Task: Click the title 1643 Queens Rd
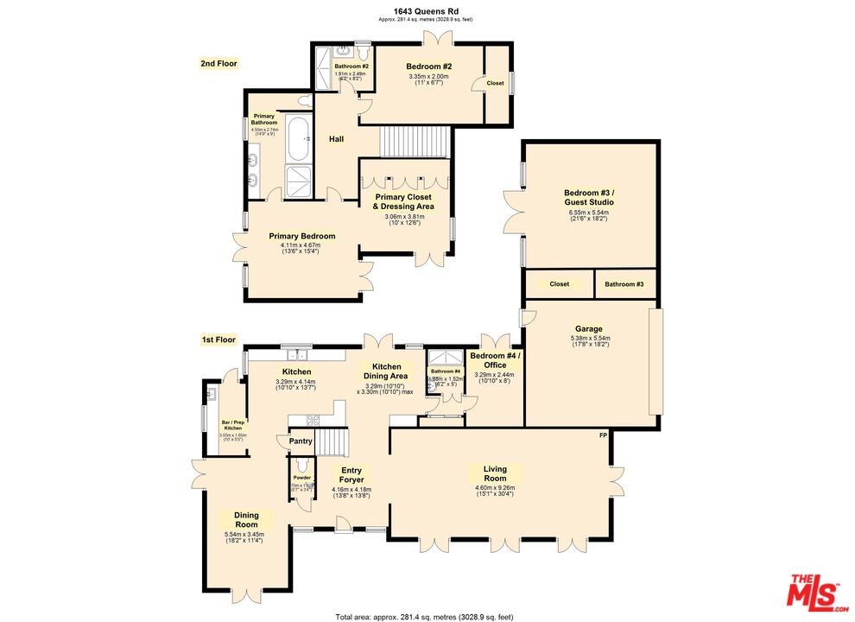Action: pyautogui.click(x=427, y=11)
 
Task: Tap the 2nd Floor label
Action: pyautogui.click(x=219, y=63)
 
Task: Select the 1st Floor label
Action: pyautogui.click(x=219, y=340)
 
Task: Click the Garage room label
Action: pyautogui.click(x=589, y=328)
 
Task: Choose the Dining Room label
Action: pyautogui.click(x=246, y=520)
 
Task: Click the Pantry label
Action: pyautogui.click(x=301, y=441)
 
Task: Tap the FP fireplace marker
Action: pyautogui.click(x=603, y=435)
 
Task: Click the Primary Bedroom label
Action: pyautogui.click(x=301, y=236)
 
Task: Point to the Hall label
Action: pyautogui.click(x=337, y=139)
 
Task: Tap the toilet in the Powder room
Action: pyautogui.click(x=301, y=465)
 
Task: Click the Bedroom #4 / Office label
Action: pyautogui.click(x=494, y=359)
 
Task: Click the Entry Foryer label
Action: pyautogui.click(x=351, y=474)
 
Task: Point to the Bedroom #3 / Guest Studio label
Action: pyautogui.click(x=588, y=198)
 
